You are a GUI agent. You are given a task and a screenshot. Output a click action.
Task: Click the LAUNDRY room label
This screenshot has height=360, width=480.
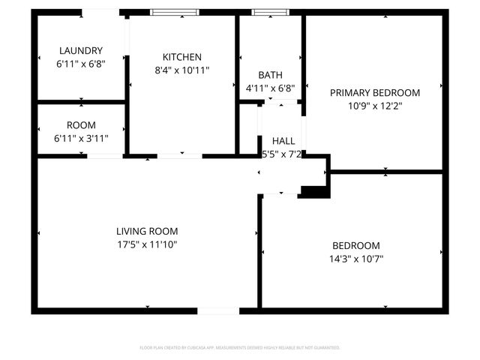[x=80, y=51]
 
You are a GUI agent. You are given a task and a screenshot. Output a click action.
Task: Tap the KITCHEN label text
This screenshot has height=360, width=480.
[x=181, y=57]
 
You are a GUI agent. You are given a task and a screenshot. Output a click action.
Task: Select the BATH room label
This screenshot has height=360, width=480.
[x=270, y=75]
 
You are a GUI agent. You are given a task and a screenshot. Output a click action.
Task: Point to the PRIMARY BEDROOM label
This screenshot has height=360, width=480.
[x=375, y=93]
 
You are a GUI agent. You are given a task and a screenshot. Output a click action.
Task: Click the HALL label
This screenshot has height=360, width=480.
[x=283, y=141]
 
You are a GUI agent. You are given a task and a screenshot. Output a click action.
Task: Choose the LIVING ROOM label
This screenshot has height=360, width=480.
[x=147, y=232]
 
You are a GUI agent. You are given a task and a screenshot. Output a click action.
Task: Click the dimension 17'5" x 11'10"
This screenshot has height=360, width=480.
[x=147, y=244]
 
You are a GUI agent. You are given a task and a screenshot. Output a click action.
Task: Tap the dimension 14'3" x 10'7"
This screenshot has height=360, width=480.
[x=356, y=259]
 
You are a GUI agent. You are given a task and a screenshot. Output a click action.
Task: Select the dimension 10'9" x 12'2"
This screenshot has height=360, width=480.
[x=375, y=106]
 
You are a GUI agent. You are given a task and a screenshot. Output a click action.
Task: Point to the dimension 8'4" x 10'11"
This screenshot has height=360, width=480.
[x=181, y=70]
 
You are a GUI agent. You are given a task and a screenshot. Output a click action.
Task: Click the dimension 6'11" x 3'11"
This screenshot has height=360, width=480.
[x=80, y=139]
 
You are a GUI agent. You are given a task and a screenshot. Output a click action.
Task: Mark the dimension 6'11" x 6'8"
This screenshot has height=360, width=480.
[x=80, y=64]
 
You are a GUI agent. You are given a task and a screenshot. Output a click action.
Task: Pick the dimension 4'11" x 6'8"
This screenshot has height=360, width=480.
[x=270, y=88]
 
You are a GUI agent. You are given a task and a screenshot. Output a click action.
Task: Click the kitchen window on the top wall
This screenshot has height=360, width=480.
[x=174, y=13]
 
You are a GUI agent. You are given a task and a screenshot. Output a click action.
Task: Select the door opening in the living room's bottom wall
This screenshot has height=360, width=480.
[x=218, y=310]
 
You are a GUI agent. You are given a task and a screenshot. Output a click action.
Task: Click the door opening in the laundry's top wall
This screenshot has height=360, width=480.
[x=100, y=12]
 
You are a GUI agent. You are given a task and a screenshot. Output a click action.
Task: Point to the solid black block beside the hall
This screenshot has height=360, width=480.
[x=315, y=192]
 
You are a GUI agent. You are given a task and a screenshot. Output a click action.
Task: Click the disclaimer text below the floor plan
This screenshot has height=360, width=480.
[x=240, y=348]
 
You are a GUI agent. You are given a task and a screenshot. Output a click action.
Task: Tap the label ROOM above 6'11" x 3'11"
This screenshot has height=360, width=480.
[x=80, y=126]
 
